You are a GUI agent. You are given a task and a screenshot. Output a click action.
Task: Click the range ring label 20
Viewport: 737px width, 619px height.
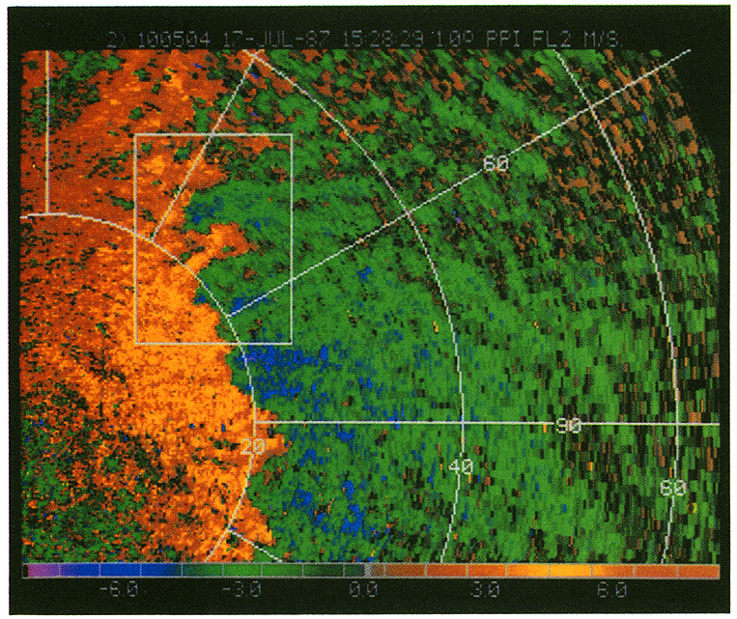pyautogui.click(x=252, y=446)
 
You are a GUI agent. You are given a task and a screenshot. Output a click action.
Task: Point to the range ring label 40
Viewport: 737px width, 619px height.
pyautogui.click(x=461, y=467)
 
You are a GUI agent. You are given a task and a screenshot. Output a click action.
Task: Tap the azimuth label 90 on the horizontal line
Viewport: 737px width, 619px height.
pyautogui.click(x=568, y=425)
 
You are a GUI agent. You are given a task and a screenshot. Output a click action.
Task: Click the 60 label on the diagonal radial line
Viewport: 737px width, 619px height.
pyautogui.click(x=496, y=164)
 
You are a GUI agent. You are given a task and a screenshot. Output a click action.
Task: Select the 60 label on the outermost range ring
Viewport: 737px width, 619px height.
pyautogui.click(x=672, y=489)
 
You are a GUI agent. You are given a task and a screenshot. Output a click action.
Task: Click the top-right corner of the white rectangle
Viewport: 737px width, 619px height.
pyautogui.click(x=292, y=135)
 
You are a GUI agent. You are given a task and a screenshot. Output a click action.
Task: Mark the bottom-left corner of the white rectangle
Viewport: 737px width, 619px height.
pyautogui.click(x=136, y=343)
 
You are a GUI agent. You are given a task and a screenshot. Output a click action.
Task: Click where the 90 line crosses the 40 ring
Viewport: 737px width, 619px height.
pyautogui.click(x=463, y=423)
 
